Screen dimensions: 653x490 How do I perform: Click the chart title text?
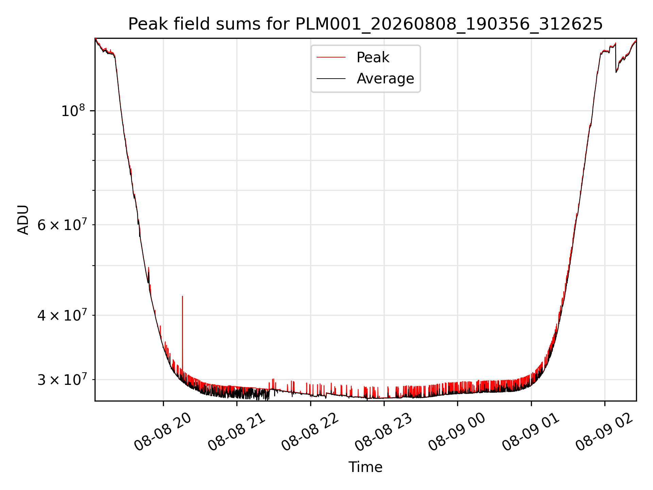click(365, 24)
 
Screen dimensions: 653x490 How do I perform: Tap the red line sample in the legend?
click(331, 58)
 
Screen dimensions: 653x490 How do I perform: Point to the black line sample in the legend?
click(331, 79)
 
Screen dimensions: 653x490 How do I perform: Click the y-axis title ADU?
click(23, 220)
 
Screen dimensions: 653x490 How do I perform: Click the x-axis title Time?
click(365, 467)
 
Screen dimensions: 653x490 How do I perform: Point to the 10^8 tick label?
click(73, 111)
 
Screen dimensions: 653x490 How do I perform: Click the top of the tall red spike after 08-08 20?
click(182, 296)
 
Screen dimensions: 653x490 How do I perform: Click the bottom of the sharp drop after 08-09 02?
click(616, 72)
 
